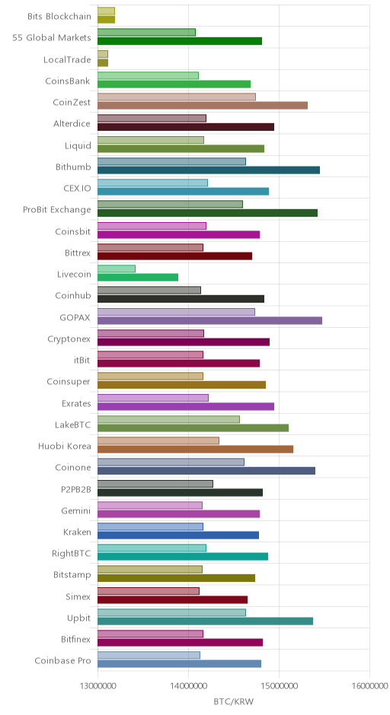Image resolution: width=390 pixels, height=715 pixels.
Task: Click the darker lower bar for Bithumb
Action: click(x=209, y=170)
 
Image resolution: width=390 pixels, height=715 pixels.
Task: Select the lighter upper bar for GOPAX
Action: click(x=176, y=312)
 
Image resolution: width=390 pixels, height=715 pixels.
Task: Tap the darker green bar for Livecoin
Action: click(x=138, y=277)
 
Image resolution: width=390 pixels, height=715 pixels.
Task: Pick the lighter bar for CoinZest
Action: click(x=177, y=97)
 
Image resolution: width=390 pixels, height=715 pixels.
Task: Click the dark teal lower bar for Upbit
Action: click(x=206, y=621)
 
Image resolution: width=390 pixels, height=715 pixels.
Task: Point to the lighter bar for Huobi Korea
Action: click(x=158, y=440)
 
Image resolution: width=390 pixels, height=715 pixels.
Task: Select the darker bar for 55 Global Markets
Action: click(x=180, y=41)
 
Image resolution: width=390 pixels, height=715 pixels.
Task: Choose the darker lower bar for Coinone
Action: click(x=206, y=471)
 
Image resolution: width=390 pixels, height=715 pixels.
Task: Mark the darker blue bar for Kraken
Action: click(x=178, y=535)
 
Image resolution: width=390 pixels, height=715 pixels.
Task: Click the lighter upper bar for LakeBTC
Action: click(x=168, y=419)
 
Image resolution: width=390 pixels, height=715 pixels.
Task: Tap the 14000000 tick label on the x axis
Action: click(x=188, y=686)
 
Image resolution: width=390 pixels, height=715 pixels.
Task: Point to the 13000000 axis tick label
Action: click(x=97, y=686)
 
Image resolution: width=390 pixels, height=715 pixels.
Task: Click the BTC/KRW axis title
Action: click(x=233, y=701)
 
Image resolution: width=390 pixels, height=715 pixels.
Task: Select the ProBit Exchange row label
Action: click(x=57, y=210)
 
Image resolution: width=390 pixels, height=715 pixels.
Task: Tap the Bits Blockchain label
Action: click(x=59, y=17)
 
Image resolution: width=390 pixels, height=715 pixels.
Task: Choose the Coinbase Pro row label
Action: click(x=63, y=661)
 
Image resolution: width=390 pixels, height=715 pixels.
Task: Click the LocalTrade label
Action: click(x=67, y=60)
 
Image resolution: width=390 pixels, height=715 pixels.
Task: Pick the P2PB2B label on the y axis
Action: click(x=76, y=489)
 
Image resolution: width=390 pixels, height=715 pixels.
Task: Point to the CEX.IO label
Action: click(x=78, y=189)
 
